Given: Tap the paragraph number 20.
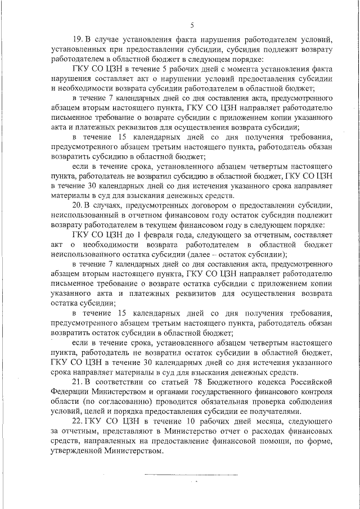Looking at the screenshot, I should (x=79, y=205).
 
